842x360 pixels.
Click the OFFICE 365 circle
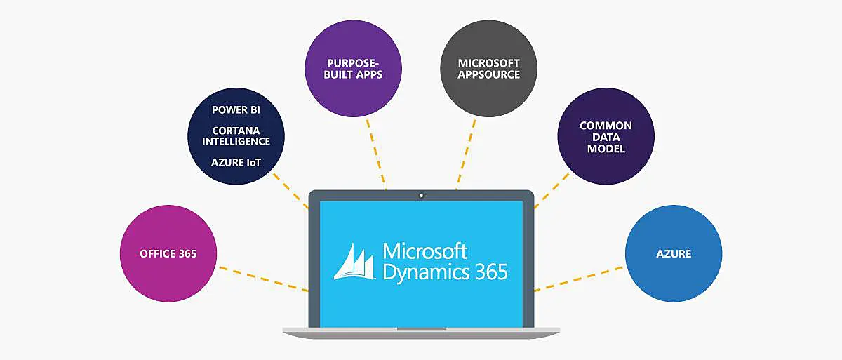coord(168,253)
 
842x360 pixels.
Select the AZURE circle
coord(674,253)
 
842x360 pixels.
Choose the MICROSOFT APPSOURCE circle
coord(489,68)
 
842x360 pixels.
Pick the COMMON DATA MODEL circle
coord(606,136)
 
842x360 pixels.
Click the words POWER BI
coord(236,109)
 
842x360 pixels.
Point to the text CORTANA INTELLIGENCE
coord(236,135)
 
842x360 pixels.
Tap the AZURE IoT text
coord(236,162)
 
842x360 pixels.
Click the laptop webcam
coord(421,196)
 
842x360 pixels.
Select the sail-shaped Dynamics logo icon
coord(355,261)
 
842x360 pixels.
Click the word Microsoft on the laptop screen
coord(425,251)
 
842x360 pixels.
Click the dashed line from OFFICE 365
coord(263,278)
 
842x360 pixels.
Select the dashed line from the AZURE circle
coord(579,278)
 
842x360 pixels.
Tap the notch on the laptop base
coord(421,328)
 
